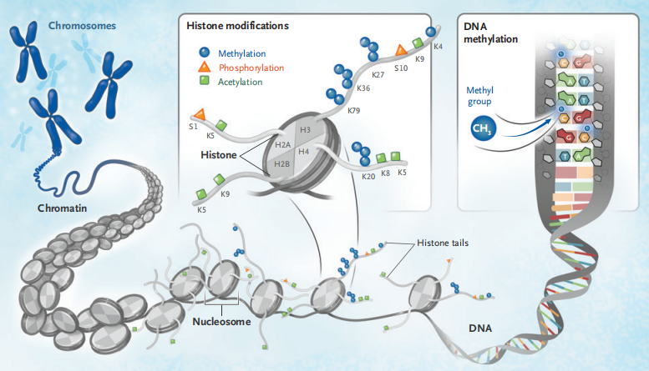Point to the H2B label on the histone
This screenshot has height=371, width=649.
(281, 164)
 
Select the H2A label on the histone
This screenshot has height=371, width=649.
(281, 147)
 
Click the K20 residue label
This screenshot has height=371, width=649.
(368, 176)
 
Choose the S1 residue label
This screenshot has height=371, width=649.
(194, 126)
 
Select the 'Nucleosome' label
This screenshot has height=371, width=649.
(220, 320)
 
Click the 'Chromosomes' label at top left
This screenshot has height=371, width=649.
(82, 26)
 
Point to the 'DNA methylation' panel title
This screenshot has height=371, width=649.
(490, 32)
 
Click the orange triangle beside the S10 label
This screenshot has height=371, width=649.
(401, 51)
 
